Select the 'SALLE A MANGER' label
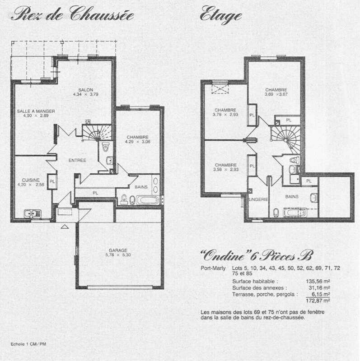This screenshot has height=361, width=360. (x=32, y=111)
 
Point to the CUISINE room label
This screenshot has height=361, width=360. (x=32, y=180)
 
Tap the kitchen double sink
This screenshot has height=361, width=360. (x=32, y=213)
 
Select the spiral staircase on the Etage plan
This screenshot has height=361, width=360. (x=281, y=138)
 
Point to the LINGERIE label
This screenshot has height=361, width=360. (x=258, y=199)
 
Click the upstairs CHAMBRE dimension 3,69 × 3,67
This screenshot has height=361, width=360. (x=276, y=94)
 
